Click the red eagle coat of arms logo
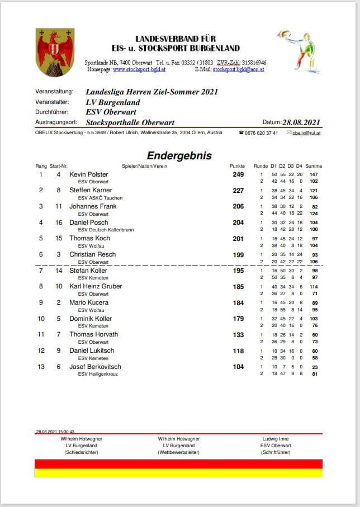click(x=54, y=53)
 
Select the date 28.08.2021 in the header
click(x=301, y=122)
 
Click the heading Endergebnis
click(x=179, y=156)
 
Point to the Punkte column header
click(x=238, y=166)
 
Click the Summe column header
click(x=314, y=166)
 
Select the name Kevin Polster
click(x=89, y=174)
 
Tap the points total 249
click(x=238, y=174)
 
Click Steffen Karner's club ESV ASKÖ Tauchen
click(x=100, y=198)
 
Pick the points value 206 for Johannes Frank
click(x=238, y=206)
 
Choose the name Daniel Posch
click(x=89, y=222)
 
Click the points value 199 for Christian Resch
click(x=238, y=254)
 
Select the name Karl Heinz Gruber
click(x=96, y=286)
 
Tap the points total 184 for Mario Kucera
click(x=238, y=302)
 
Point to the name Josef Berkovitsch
click(x=95, y=367)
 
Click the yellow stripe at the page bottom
click(x=178, y=473)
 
